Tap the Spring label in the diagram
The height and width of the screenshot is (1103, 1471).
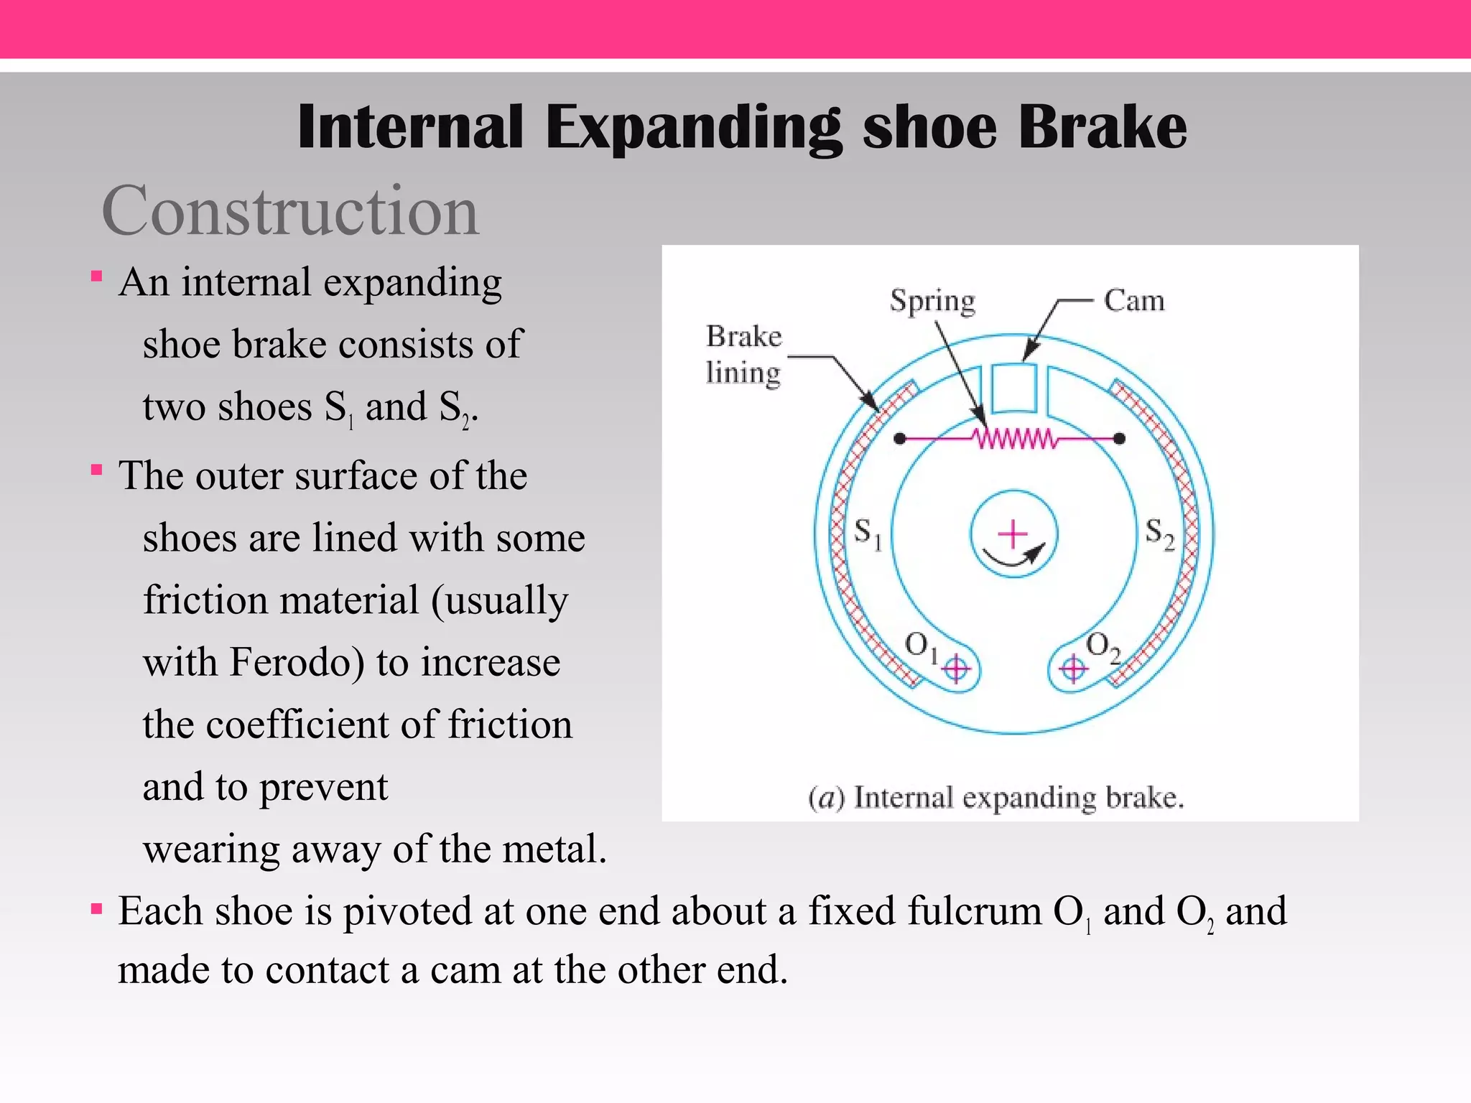coord(932,300)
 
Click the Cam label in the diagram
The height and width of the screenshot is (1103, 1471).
coord(1133,300)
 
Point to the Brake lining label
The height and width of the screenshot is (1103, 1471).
coord(743,354)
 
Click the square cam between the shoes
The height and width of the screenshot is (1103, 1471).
coord(1013,388)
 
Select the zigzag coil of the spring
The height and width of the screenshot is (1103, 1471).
coord(1013,438)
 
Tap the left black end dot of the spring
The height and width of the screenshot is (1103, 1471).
coord(899,438)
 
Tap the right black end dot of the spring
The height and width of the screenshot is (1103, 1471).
coord(1119,438)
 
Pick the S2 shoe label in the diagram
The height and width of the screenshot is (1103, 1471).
coord(1159,534)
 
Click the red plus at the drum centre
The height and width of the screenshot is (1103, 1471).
coord(1013,534)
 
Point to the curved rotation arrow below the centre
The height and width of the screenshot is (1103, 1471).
coord(1013,559)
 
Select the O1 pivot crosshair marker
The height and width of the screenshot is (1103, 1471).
coord(956,669)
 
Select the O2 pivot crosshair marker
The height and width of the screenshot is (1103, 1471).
coord(1073,669)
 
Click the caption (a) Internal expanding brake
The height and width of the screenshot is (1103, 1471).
coord(996,798)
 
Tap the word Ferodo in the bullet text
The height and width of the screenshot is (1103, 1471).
coord(297,662)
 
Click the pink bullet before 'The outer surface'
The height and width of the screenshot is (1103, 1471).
coord(97,471)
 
